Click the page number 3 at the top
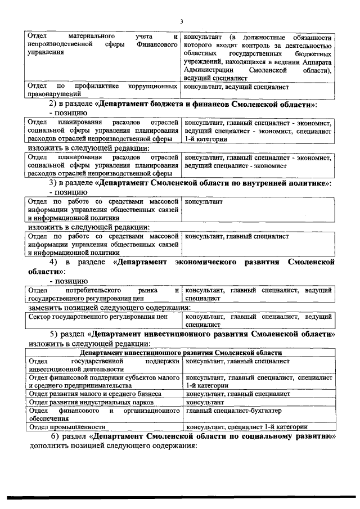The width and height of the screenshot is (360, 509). click(182, 22)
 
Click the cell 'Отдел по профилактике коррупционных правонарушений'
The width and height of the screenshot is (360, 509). click(103, 91)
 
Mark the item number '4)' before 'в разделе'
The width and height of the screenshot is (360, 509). click(54, 262)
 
